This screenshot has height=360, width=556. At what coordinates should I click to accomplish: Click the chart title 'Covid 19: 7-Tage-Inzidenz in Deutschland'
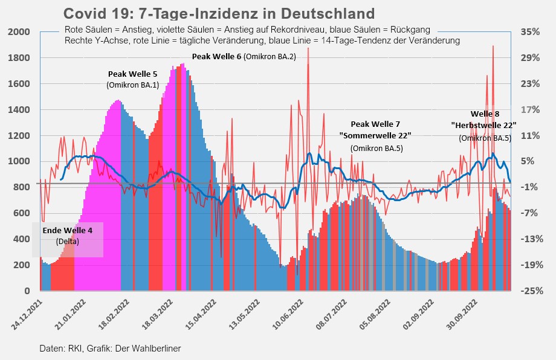click(x=219, y=13)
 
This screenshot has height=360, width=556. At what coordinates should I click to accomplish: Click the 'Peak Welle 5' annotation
click(x=132, y=74)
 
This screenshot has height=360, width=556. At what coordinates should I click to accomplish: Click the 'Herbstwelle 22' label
click(x=484, y=125)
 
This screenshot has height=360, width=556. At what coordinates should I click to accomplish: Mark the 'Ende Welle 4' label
click(x=68, y=230)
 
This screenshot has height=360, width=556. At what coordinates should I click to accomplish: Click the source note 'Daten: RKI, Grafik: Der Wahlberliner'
click(x=111, y=349)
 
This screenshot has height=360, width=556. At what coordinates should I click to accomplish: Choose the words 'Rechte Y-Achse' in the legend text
click(x=92, y=40)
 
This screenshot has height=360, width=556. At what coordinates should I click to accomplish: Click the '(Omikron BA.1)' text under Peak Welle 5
click(x=132, y=85)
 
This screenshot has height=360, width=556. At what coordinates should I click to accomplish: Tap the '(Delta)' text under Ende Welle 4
click(x=68, y=242)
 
